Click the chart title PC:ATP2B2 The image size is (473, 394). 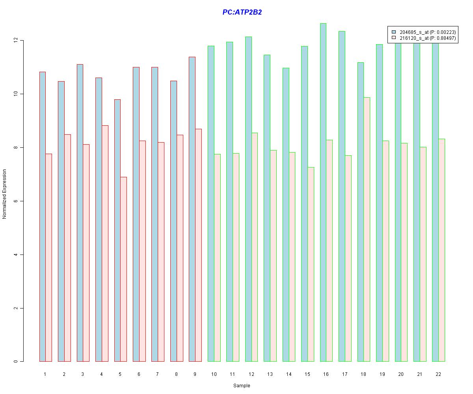click(x=242, y=12)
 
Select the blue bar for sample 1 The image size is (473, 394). click(x=43, y=217)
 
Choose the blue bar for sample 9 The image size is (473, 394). click(x=192, y=209)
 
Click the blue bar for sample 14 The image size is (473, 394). click(x=286, y=215)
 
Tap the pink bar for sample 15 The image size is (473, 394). click(x=311, y=264)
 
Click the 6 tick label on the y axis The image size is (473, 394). click(x=16, y=201)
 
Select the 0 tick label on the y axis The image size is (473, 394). click(x=16, y=362)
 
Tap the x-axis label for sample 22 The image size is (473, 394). click(x=438, y=374)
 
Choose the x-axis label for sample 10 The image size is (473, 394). click(x=214, y=374)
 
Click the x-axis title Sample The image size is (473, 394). click(x=242, y=386)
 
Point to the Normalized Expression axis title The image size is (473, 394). click(x=5, y=194)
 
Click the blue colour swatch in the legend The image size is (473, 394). click(x=393, y=32)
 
